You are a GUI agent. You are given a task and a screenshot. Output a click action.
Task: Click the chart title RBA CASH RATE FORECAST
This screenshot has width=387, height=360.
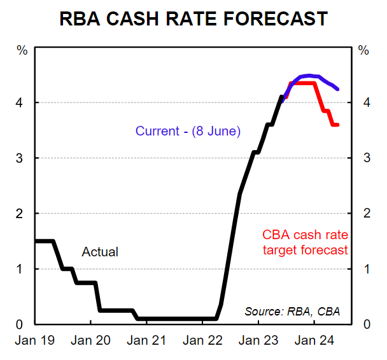[x=193, y=18]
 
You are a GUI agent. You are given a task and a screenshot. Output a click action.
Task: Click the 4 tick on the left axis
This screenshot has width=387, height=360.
[x=23, y=102]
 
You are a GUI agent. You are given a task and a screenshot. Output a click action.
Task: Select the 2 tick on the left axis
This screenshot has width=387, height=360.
[x=23, y=213]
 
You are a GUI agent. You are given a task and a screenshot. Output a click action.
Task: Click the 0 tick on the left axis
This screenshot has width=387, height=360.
[x=23, y=324]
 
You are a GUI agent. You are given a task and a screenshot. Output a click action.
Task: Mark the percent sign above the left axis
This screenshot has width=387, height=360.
[x=22, y=50]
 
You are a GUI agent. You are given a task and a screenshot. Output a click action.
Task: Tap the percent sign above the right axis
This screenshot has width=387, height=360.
[x=364, y=50]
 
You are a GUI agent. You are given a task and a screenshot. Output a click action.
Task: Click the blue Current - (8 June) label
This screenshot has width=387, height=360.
[x=188, y=132]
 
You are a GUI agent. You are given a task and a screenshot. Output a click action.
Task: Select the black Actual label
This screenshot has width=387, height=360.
[x=100, y=252]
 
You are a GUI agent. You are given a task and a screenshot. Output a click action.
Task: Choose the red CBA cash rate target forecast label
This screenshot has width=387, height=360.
[x=306, y=242]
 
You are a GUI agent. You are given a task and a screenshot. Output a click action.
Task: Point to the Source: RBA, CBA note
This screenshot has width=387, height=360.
[x=292, y=311]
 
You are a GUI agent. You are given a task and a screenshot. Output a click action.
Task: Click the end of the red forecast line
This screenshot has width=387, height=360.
[x=337, y=125]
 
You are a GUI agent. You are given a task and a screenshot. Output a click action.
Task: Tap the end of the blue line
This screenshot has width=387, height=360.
[x=337, y=89]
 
